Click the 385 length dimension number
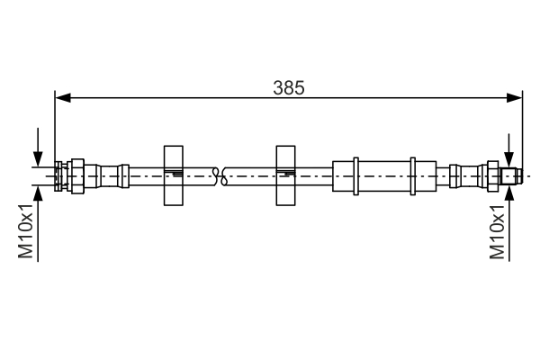pyautogui.click(x=289, y=87)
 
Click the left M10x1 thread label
pyautogui.click(x=27, y=231)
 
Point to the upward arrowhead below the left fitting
pyautogui.click(x=37, y=193)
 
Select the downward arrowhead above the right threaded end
pyautogui.click(x=510, y=159)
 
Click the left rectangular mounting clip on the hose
pyautogui.click(x=174, y=175)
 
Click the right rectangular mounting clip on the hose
pyautogui.click(x=285, y=175)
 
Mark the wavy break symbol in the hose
pyautogui.click(x=220, y=175)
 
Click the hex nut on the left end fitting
pyautogui.click(x=76, y=175)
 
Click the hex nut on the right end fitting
pyautogui.click(x=492, y=175)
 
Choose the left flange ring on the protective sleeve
pyautogui.click(x=357, y=175)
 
